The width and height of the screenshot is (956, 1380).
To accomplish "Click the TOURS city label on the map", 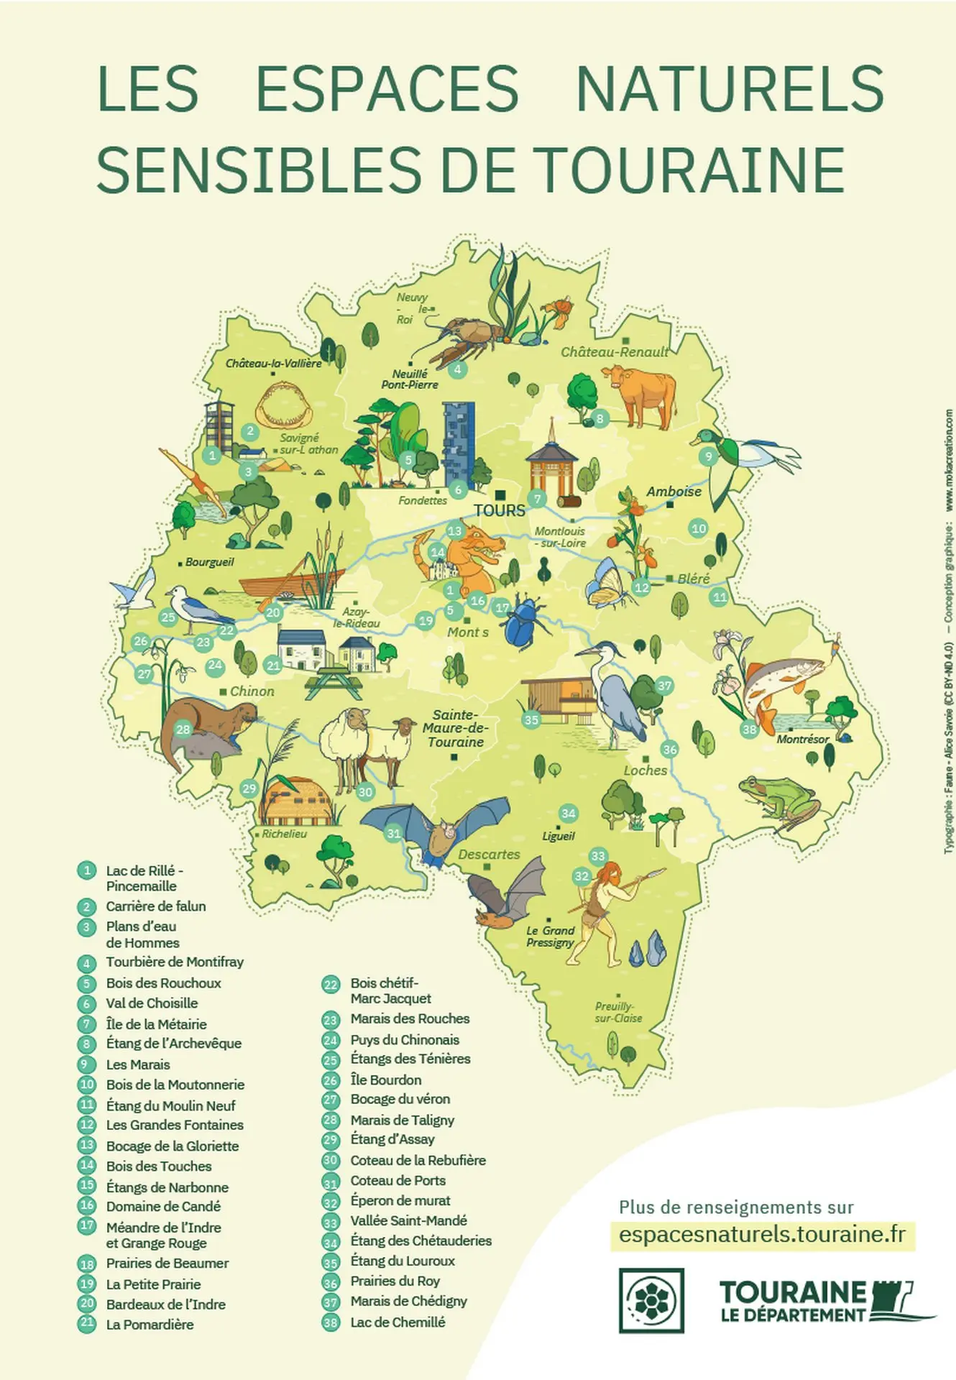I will [x=499, y=510].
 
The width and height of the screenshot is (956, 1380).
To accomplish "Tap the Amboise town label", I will [x=674, y=492].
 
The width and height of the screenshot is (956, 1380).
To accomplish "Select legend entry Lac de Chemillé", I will [x=397, y=1322].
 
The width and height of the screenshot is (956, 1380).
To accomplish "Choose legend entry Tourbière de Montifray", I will [x=175, y=962].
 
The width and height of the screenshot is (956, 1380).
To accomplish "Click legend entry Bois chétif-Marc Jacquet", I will [x=390, y=990].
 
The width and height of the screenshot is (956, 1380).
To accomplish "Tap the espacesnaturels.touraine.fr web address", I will [x=762, y=1235].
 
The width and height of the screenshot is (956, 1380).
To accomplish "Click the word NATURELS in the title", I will [x=730, y=89].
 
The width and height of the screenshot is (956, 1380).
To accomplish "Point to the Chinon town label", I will [x=252, y=691].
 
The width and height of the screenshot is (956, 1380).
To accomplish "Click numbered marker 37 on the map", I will [x=663, y=686].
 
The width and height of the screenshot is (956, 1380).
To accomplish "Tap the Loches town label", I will [x=645, y=770].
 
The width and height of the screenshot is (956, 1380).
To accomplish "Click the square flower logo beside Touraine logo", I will [x=651, y=1300].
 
